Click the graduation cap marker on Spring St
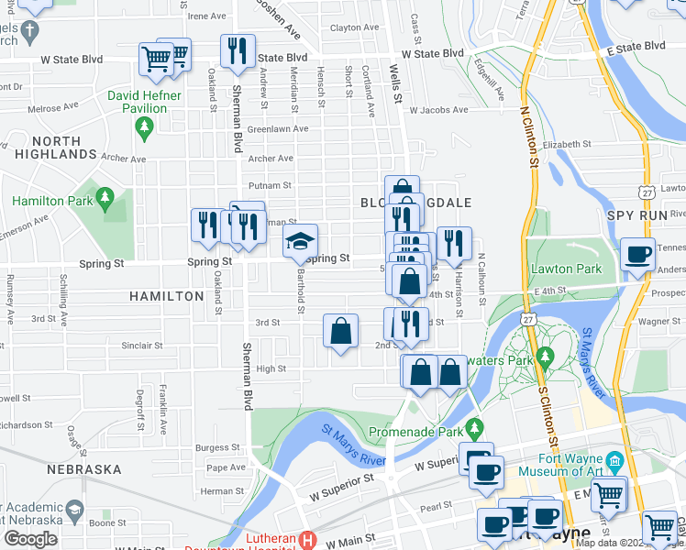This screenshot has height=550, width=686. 300,242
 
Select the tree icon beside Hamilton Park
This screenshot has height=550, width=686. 105,197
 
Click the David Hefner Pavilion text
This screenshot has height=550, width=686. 137,101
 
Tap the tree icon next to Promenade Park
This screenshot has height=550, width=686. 474,427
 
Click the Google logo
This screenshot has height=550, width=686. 30,539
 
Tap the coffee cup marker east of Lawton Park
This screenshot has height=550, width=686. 636,255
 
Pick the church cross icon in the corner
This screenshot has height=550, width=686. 30,32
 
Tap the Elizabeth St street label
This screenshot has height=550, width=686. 567,145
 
